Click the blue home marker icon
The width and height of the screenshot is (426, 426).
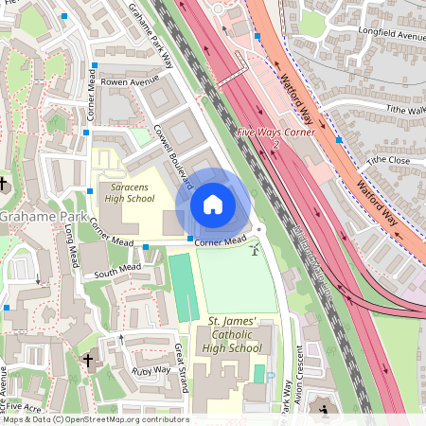click(213, 204)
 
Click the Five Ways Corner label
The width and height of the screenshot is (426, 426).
click(275, 133)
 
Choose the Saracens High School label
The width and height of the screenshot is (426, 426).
click(129, 193)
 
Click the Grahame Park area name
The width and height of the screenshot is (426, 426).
click(39, 217)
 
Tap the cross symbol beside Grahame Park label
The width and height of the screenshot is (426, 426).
click(4, 183)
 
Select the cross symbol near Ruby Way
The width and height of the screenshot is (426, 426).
click(88, 361)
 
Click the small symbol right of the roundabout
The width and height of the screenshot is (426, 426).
click(254, 249)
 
